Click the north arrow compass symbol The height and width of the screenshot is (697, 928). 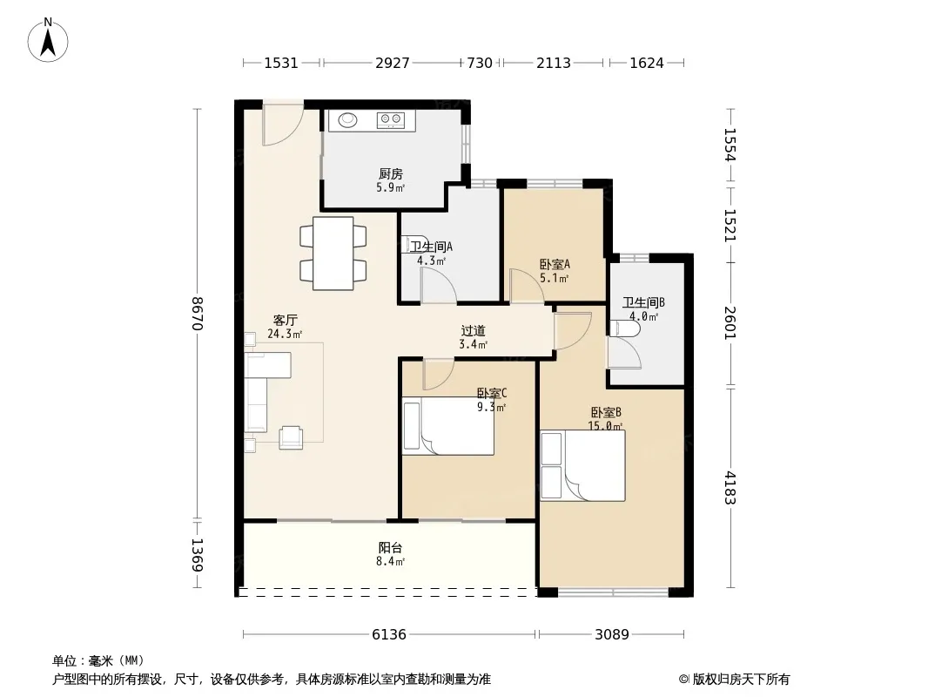point(48,40)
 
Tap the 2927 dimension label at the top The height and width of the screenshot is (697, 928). point(393,63)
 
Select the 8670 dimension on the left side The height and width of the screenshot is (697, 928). point(198,314)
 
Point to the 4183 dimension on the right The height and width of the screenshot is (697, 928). point(730,488)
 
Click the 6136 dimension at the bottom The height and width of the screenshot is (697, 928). point(389,635)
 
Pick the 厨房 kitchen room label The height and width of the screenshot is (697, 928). point(391,174)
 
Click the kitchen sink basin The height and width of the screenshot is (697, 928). point(348,120)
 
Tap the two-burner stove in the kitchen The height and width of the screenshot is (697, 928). point(390,120)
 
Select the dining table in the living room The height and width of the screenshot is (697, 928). point(333,254)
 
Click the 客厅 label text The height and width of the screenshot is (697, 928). point(285,321)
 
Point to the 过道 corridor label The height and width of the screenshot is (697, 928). point(473,331)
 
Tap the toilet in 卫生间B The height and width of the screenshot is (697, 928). point(623,329)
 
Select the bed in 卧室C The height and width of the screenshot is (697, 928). point(448,426)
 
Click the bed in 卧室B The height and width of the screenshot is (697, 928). point(583,465)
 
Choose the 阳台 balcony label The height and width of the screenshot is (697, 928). point(391,548)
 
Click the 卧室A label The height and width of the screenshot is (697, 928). point(555,265)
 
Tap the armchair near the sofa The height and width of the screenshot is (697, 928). point(291,437)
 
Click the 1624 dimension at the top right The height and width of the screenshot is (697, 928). point(647,63)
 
